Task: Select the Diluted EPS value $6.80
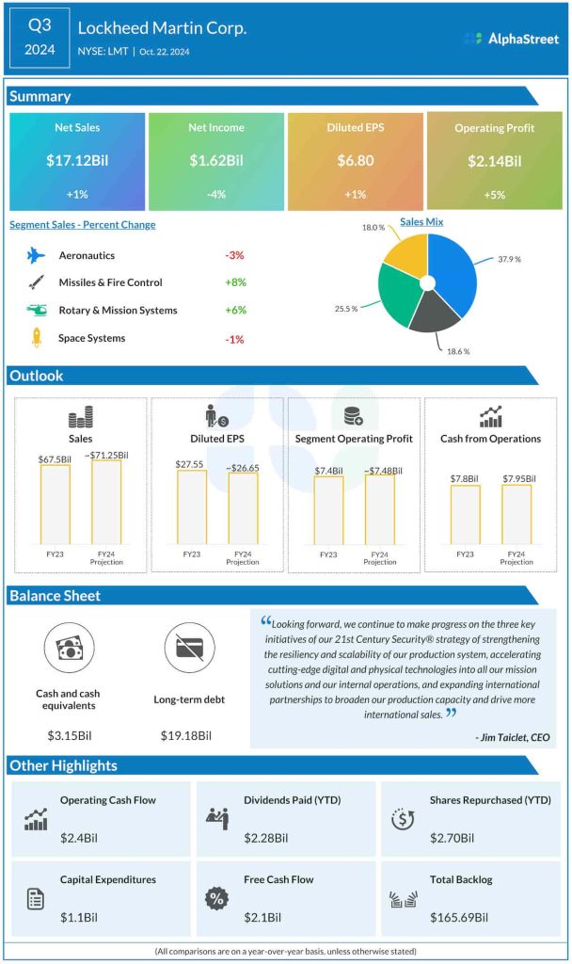coord(355,161)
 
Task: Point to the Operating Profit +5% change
coord(494,195)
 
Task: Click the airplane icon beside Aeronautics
coord(36,255)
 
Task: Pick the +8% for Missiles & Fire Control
coord(236,282)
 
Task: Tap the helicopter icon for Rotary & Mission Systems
coord(36,310)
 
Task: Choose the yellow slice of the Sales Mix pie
coord(405,253)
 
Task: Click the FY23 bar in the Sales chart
coord(55,504)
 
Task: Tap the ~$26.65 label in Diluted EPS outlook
coord(243,466)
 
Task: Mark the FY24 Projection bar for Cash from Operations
coord(516,514)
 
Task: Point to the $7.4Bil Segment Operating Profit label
coord(328,470)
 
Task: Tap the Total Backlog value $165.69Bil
coord(459,917)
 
